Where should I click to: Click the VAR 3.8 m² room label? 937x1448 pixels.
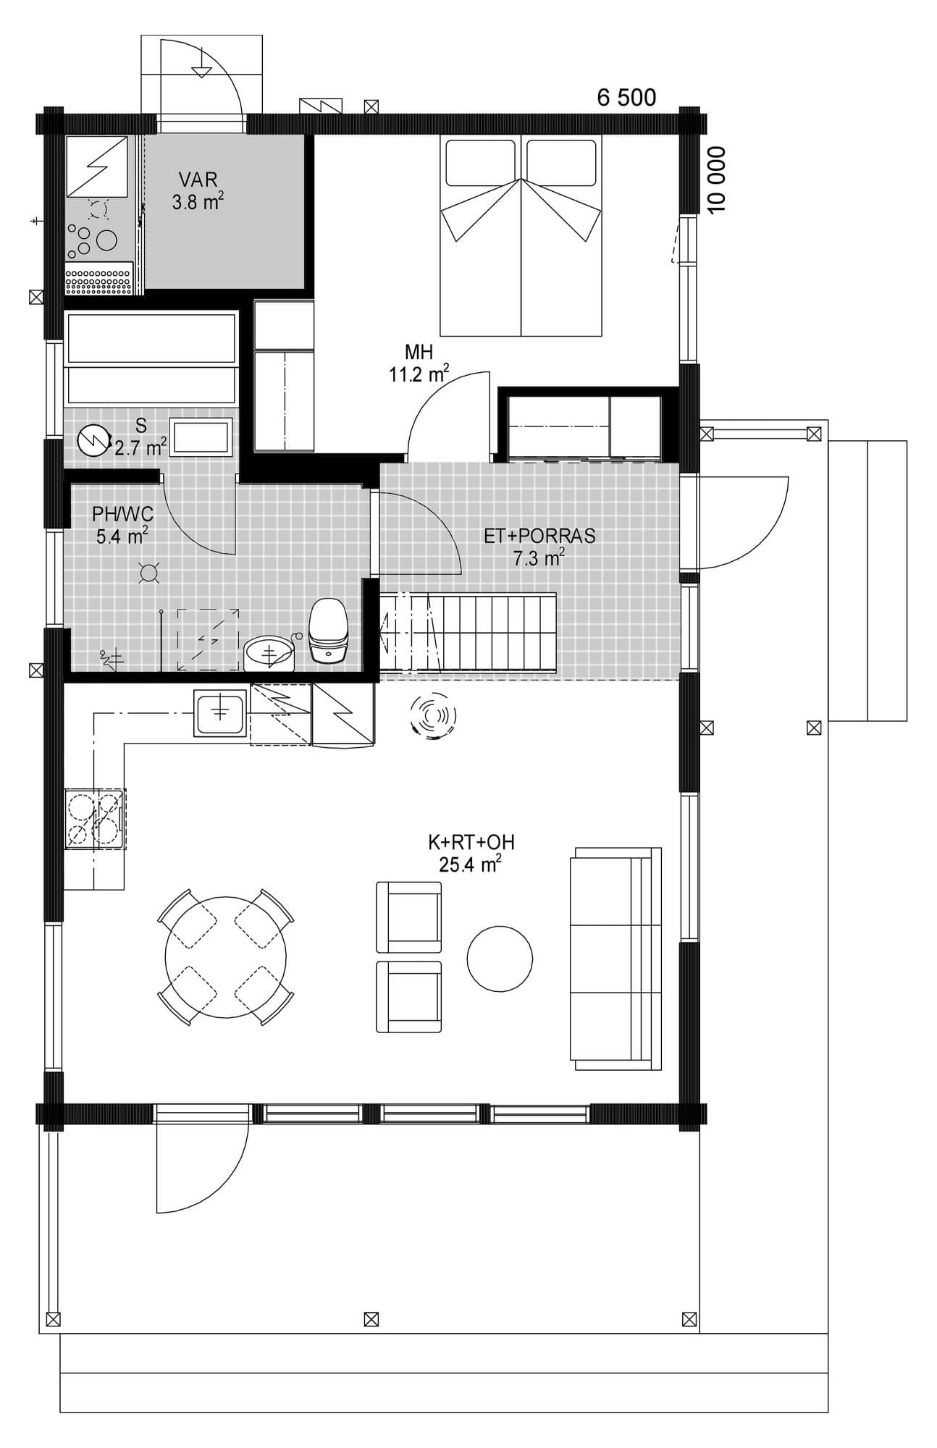[197, 190]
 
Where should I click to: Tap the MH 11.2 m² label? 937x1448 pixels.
[419, 363]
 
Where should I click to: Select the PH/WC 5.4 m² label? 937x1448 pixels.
[122, 525]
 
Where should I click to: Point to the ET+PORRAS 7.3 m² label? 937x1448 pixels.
[539, 546]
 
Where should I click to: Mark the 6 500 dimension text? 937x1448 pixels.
[626, 97]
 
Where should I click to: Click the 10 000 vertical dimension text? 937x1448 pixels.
[716, 180]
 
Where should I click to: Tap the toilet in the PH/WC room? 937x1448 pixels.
[329, 629]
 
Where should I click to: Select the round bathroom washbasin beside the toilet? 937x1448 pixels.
[269, 653]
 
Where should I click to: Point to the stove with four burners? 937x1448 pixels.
[94, 819]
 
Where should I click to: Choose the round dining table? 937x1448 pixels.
[225, 956]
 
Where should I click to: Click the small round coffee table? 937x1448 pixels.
[500, 959]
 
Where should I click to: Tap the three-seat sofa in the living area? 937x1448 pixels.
[615, 959]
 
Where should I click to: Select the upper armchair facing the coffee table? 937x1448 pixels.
[408, 917]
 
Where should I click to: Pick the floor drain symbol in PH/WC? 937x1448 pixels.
[148, 573]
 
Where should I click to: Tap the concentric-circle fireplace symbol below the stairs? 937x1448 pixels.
[433, 716]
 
